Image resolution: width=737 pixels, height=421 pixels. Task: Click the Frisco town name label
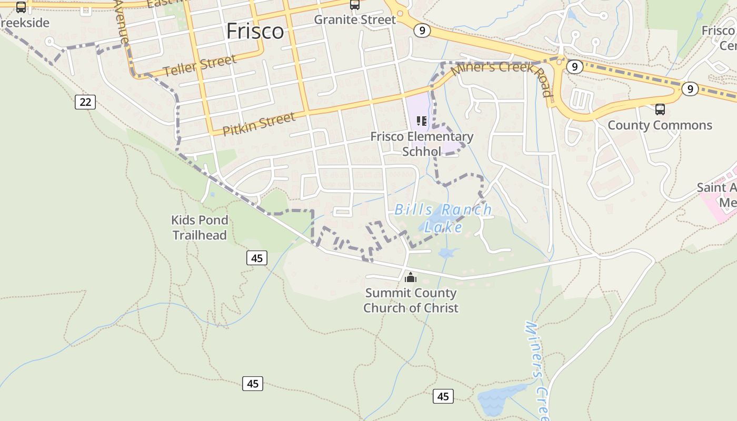[x=255, y=32]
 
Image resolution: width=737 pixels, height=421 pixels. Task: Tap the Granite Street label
[x=355, y=20]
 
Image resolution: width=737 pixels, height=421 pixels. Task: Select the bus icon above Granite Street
[x=355, y=5]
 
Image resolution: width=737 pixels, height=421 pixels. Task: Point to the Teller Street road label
[x=200, y=66]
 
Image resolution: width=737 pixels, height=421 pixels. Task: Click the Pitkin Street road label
[x=259, y=124]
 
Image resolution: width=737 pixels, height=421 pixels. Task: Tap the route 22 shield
[x=85, y=102]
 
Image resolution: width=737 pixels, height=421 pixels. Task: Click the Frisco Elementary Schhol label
[x=422, y=144]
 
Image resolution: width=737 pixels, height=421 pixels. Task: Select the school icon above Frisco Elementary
[x=422, y=121]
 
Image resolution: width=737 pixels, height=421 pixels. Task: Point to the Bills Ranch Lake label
[x=443, y=218]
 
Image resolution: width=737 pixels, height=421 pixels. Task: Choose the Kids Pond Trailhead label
[x=200, y=227]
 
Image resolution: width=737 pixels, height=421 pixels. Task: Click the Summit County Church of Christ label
[x=411, y=300]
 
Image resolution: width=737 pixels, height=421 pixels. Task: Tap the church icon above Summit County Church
[x=411, y=277]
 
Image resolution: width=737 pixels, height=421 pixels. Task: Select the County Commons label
[x=660, y=125]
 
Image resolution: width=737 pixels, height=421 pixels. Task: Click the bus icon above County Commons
[x=660, y=109]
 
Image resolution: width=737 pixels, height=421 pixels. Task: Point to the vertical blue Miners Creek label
[x=537, y=368]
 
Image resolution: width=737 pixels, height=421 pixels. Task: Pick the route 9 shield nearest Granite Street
[x=422, y=31]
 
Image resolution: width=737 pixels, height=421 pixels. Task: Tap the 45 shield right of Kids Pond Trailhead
[x=257, y=258]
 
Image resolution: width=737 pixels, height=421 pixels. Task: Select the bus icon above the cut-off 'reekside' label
[x=21, y=7]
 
